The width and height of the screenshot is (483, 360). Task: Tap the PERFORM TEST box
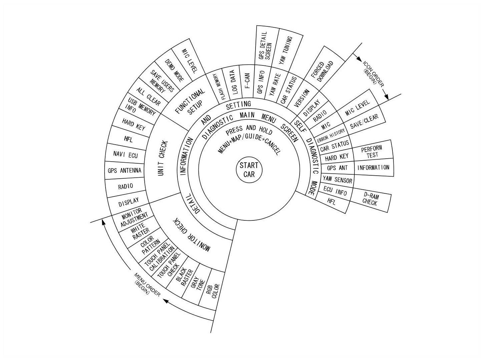click(x=371, y=152)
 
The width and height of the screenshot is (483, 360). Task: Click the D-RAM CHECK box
click(x=370, y=200)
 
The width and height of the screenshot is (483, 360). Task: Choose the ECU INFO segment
click(x=335, y=192)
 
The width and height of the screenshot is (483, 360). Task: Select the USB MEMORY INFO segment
click(x=140, y=107)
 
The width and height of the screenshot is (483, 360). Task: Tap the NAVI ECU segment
click(x=125, y=155)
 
